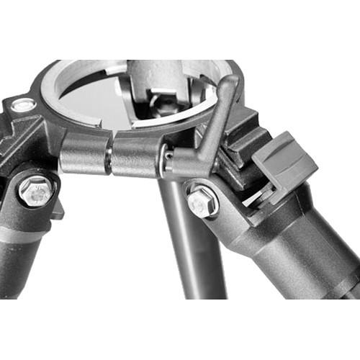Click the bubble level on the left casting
click(23, 106)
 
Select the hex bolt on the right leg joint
click(202, 202)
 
